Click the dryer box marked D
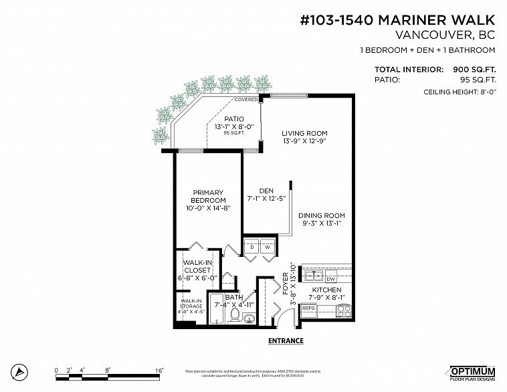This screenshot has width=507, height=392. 252,247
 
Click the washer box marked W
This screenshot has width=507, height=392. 268,247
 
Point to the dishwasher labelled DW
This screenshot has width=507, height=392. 330,278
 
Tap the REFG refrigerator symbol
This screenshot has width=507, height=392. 309,308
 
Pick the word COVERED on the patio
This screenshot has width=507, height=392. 245,100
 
